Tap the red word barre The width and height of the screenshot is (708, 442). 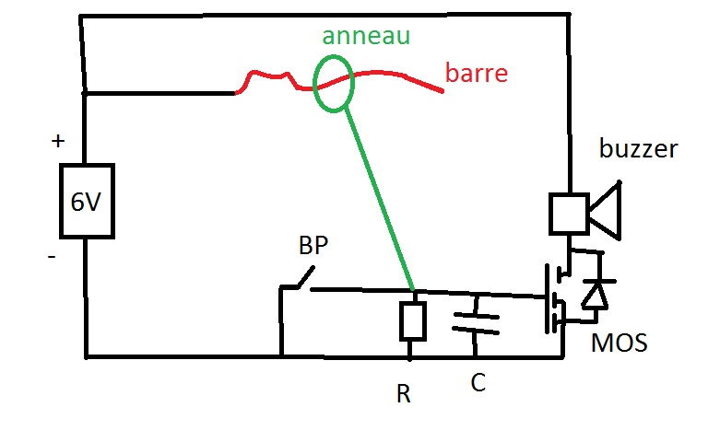(477, 73)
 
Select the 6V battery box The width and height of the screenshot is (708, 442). (87, 202)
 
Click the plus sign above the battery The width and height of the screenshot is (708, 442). (58, 142)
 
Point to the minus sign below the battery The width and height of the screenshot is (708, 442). (52, 257)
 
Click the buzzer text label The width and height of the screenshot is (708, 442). (638, 148)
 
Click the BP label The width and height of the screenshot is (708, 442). (313, 247)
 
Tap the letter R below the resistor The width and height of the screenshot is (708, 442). (403, 394)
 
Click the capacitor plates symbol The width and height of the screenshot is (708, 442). (476, 322)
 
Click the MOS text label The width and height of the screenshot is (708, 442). (619, 344)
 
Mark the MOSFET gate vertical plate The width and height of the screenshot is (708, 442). (546, 298)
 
